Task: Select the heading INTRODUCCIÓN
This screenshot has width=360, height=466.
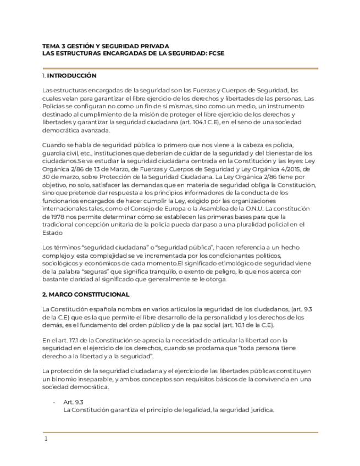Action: tap(71, 75)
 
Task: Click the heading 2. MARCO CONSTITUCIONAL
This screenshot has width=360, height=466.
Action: tap(86, 295)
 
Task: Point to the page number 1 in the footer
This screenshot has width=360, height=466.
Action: tap(46, 439)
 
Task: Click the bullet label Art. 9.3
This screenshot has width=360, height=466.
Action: tap(73, 402)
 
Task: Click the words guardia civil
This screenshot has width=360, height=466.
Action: tap(62, 153)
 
